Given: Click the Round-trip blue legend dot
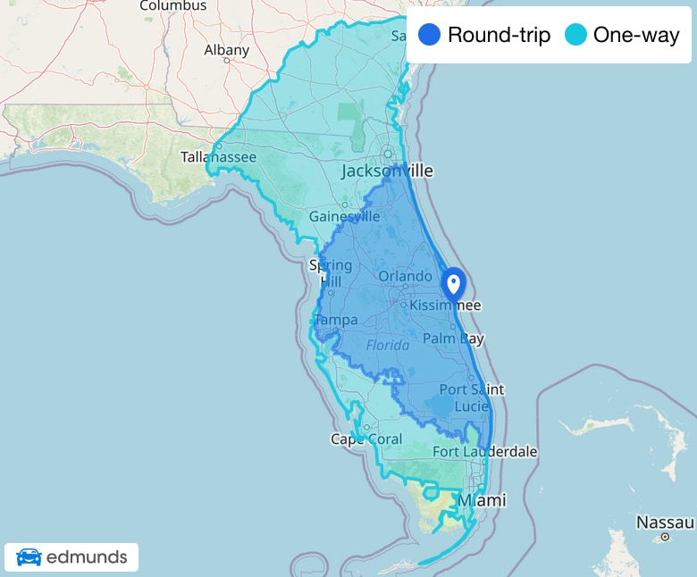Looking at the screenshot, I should pyautogui.click(x=429, y=36).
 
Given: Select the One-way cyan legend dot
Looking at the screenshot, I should pyautogui.click(x=576, y=36).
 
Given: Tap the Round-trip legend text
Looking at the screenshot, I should pyautogui.click(x=499, y=36).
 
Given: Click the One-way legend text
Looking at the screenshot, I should pyautogui.click(x=636, y=36).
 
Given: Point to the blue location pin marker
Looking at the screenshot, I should pyautogui.click(x=453, y=284).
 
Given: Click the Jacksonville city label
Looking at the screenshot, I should pyautogui.click(x=387, y=171).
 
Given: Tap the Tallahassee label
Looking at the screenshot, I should pyautogui.click(x=218, y=157).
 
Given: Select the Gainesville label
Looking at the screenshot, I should pyautogui.click(x=344, y=216).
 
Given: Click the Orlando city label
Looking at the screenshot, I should pyautogui.click(x=405, y=276).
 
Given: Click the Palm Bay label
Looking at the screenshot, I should pyautogui.click(x=453, y=339).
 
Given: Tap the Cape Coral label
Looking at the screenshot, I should pyautogui.click(x=366, y=439).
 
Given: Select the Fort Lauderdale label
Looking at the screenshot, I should pyautogui.click(x=485, y=452).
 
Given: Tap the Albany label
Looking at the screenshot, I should pyautogui.click(x=226, y=50).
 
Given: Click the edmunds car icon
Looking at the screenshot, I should pyautogui.click(x=29, y=558).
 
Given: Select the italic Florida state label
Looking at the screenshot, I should pyautogui.click(x=388, y=345).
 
